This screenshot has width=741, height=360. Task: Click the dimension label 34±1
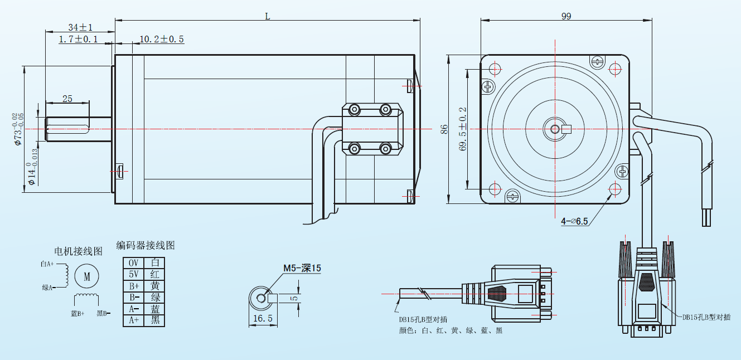(80, 27)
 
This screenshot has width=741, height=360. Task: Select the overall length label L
(268, 16)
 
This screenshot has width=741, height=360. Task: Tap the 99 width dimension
(566, 16)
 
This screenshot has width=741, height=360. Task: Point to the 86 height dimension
(444, 129)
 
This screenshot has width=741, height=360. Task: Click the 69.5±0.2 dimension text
(462, 129)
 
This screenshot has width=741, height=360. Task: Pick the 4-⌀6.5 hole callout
(575, 221)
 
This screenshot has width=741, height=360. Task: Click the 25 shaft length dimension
(67, 99)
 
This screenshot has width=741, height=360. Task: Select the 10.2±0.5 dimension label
(161, 39)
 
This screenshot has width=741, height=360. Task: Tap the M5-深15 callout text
(302, 268)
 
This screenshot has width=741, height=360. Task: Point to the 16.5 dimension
(262, 318)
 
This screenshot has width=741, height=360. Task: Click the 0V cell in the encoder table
(133, 262)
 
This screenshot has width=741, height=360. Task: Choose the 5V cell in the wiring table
(133, 274)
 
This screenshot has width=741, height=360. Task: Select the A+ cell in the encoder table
(133, 320)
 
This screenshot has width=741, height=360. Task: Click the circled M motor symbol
(86, 276)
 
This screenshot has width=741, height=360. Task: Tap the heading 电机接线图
(78, 251)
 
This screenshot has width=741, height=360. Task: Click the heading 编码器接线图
(146, 245)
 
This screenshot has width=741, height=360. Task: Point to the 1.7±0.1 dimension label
(78, 39)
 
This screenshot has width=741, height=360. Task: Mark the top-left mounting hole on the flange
(496, 69)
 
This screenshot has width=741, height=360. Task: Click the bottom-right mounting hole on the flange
(615, 188)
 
